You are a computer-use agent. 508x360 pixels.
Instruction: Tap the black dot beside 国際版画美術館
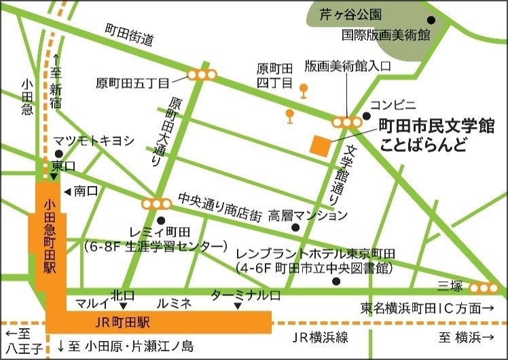[x=431, y=20]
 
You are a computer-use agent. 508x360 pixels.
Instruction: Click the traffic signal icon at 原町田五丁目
[x=202, y=75]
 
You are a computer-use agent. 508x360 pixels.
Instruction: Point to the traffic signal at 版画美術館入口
[x=347, y=122]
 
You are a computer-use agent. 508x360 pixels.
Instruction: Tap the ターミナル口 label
[x=245, y=295]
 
